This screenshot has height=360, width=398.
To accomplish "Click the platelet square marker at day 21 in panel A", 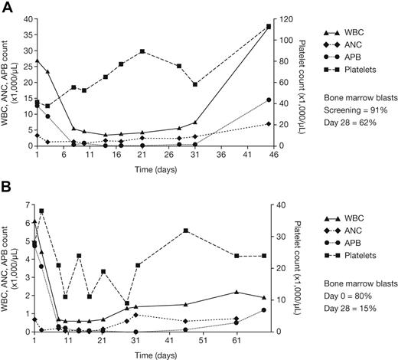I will tap(142, 51).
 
